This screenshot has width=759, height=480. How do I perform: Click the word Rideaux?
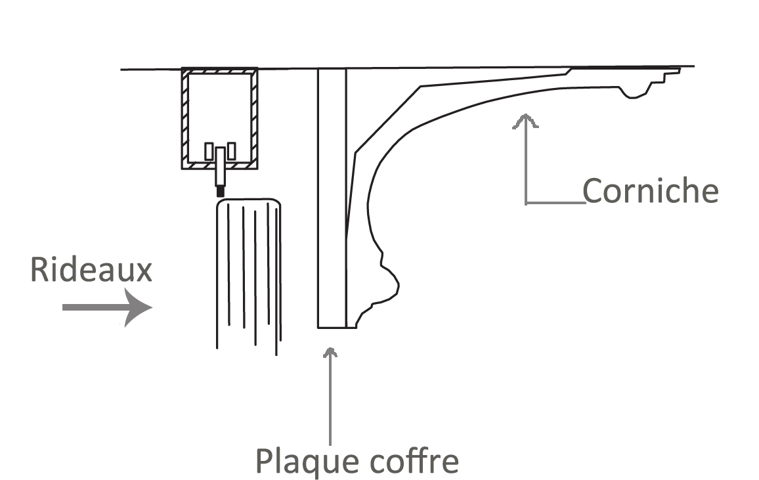coord(91,270)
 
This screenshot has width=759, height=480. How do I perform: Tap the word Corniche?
coord(651,191)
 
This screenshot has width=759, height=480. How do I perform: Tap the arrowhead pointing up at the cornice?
coord(525,120)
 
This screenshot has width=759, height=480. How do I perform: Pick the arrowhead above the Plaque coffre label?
coord(330,352)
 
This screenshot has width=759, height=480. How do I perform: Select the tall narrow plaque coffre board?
coord(332,197)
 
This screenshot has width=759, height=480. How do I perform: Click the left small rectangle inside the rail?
coord(209,151)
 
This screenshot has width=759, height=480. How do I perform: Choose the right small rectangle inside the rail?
coord(231,151)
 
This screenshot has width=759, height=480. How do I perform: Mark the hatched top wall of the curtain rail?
coord(219,70)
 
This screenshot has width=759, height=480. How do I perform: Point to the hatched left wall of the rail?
coord(185,118)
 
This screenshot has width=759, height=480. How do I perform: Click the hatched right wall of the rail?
coord(253,118)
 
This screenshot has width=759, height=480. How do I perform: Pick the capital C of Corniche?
coord(593,191)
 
